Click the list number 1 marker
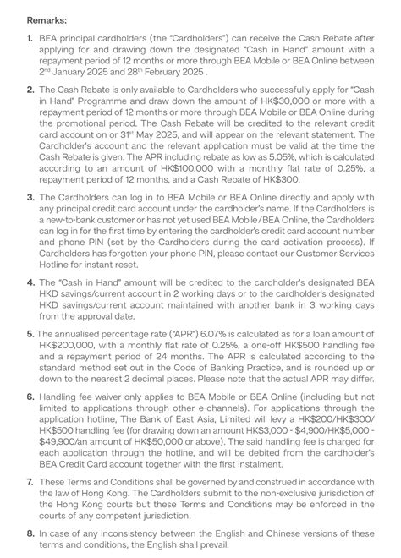[30, 38]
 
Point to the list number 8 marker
[30, 533]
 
